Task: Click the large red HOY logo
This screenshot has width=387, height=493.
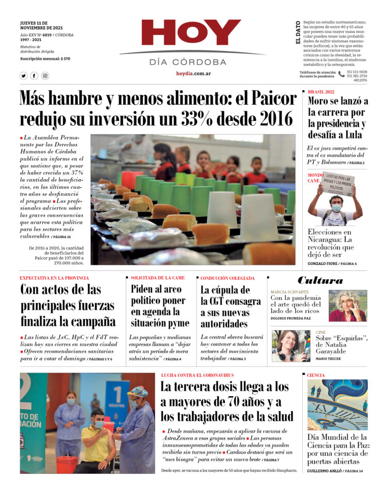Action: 191,32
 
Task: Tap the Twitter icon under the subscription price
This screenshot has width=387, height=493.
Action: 23,76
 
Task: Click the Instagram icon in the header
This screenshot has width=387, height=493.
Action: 45,76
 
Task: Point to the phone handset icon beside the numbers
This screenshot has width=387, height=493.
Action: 341,74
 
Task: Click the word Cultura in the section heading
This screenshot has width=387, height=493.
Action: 320,281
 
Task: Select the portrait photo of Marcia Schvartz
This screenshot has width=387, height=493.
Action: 347,305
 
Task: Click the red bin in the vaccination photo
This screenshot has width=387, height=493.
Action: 67,464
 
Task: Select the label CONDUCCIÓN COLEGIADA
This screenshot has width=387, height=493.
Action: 227,278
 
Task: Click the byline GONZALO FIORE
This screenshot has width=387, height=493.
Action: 322,264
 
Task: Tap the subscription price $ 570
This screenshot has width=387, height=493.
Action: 65,59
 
